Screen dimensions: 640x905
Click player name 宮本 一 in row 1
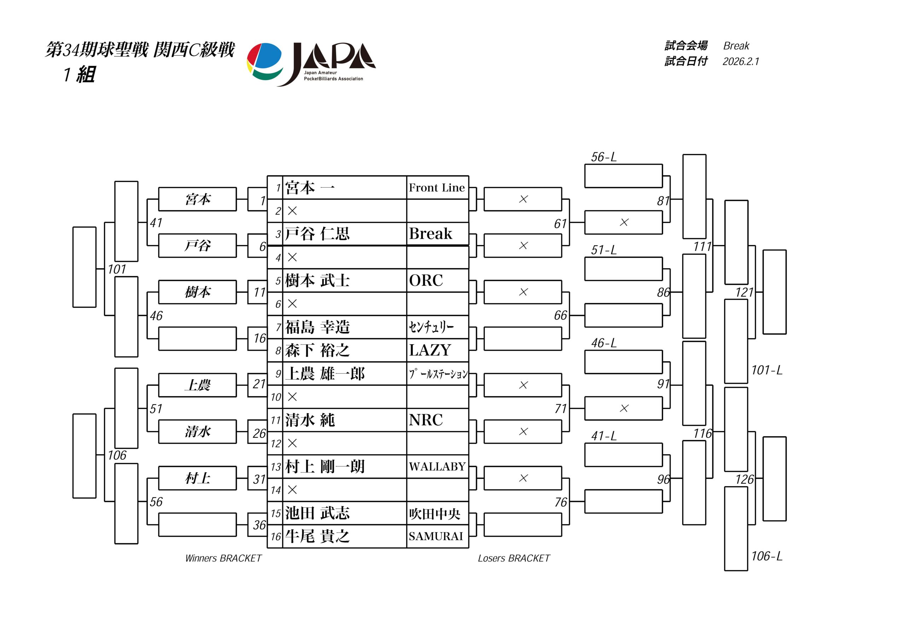310,188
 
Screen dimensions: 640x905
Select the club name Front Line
437,188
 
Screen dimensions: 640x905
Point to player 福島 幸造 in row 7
317,327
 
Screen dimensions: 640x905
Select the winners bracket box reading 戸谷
198,246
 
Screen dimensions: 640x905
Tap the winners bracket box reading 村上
198,478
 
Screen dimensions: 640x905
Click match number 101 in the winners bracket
117,270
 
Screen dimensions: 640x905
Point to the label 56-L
603,157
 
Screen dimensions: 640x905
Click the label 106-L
767,556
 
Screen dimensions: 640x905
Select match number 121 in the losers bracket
744,292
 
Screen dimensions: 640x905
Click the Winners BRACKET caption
223,558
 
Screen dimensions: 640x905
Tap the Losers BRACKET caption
514,558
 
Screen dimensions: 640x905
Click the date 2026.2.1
741,61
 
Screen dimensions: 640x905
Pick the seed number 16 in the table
275,537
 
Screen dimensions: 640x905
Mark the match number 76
561,503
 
